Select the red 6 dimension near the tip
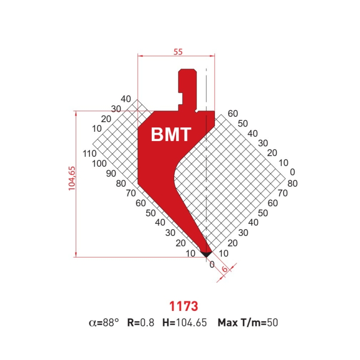point(224,270)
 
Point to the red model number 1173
point(183,306)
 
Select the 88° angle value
point(109,322)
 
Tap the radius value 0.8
point(148,322)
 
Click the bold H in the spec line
point(165,322)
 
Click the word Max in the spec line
point(228,322)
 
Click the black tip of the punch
point(207,254)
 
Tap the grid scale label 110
point(90,154)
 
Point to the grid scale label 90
point(111,173)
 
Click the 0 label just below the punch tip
point(212,265)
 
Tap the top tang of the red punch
point(187,78)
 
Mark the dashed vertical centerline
point(206,195)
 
